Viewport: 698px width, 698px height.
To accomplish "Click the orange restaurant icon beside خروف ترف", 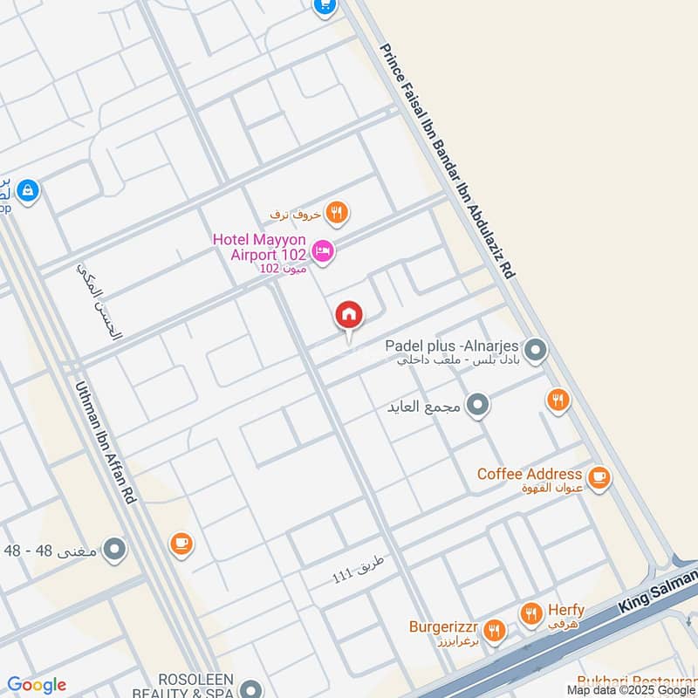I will (337, 211).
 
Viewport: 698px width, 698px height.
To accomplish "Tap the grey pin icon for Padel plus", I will (536, 352).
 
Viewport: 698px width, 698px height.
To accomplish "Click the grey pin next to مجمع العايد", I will (477, 406).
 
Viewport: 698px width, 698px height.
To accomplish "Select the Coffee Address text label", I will (530, 474).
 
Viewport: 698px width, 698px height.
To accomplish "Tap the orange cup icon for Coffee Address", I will (599, 477).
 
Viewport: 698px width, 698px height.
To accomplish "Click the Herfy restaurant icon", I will (530, 614).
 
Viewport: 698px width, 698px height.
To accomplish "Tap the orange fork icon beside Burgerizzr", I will (494, 630).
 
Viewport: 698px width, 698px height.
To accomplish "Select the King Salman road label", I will (659, 592).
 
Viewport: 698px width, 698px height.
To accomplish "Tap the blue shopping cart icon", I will (325, 6).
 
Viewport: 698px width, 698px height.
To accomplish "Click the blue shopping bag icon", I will (28, 189).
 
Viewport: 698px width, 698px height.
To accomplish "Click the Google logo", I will (37, 685).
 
